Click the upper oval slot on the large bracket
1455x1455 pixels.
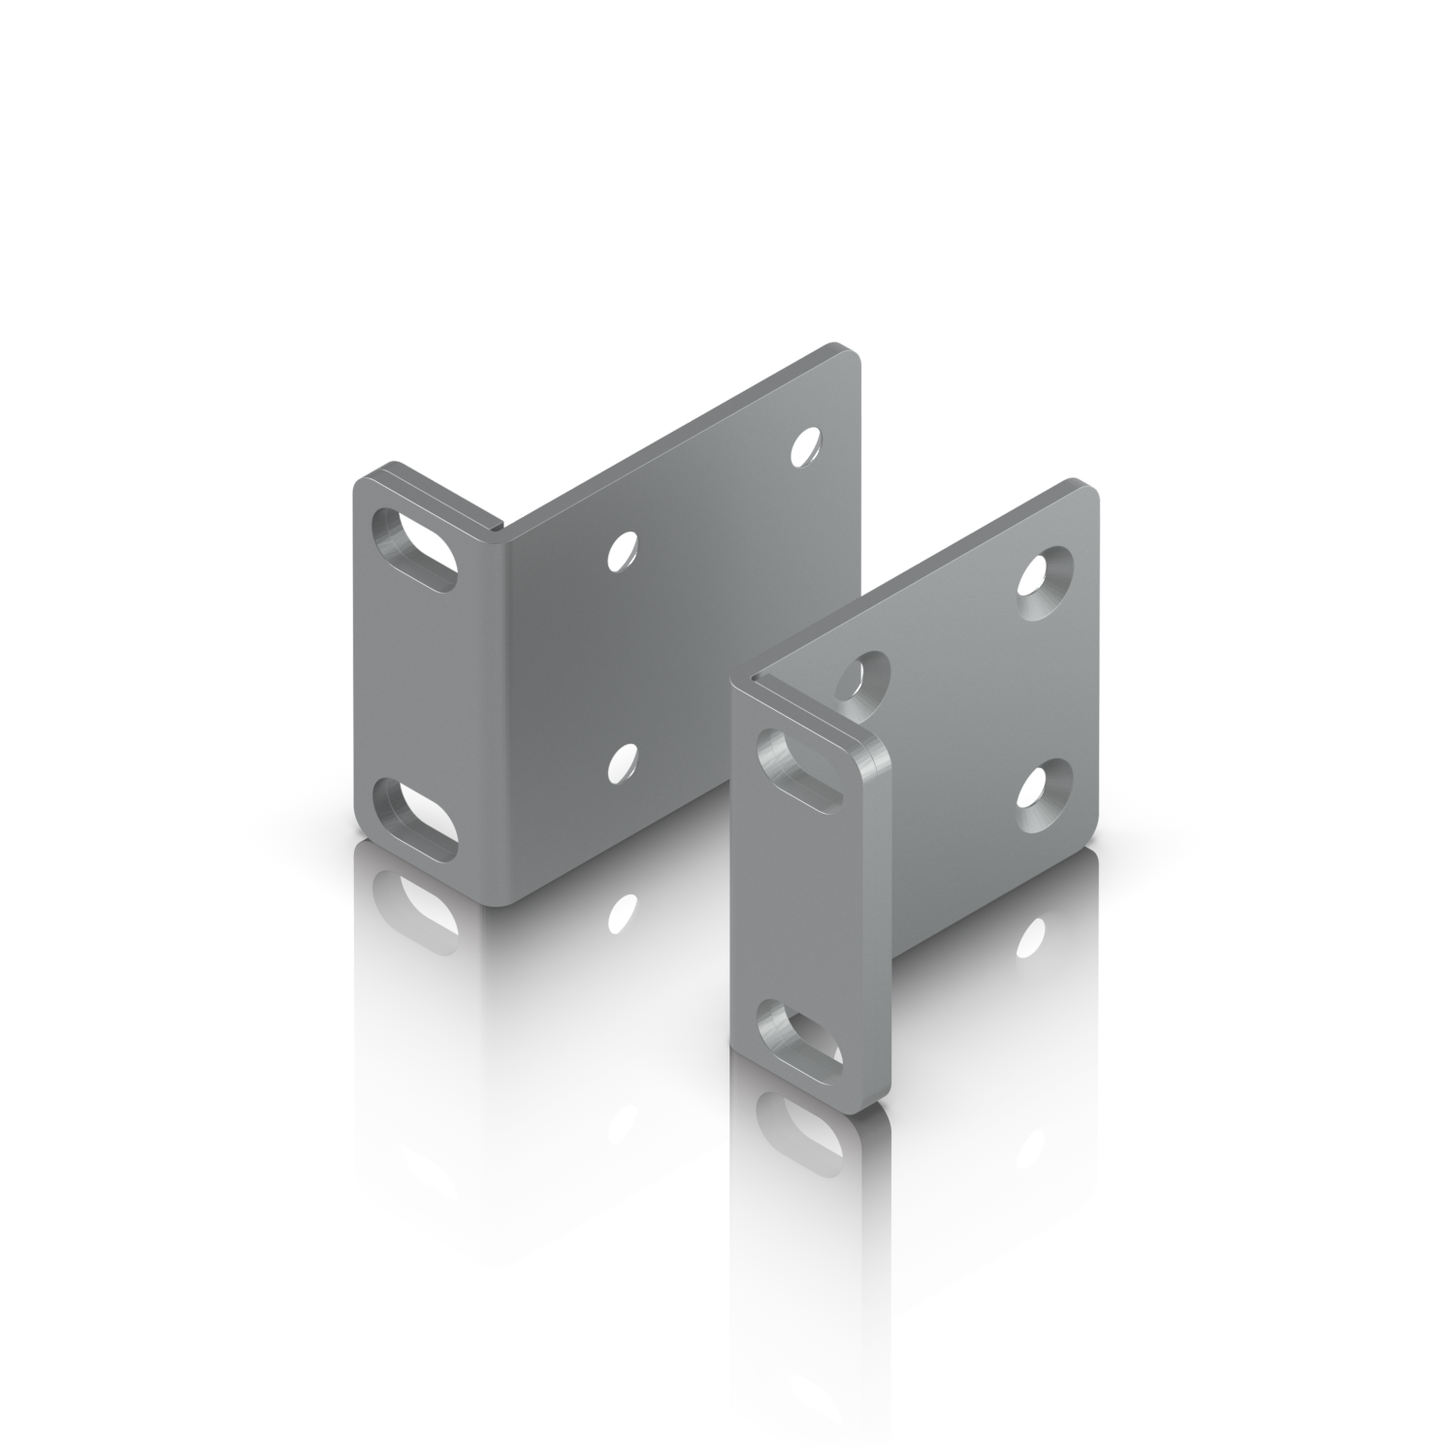(415, 550)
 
